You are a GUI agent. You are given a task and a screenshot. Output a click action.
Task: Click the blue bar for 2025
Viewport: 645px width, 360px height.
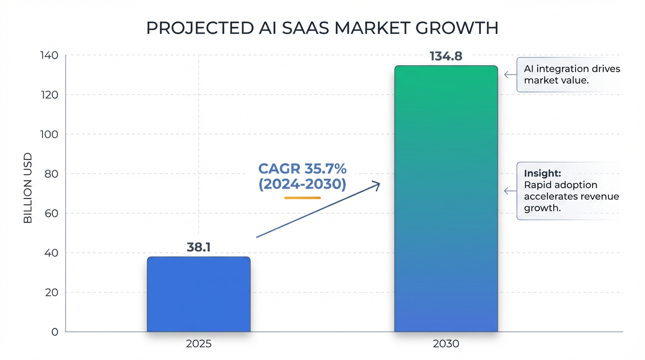tap(198, 294)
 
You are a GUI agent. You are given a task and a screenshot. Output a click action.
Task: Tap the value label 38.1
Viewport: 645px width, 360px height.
tap(198, 247)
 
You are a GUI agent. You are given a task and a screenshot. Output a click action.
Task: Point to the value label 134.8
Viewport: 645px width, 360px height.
tap(446, 56)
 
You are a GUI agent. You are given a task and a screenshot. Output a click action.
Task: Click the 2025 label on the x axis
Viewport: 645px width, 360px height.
tap(198, 344)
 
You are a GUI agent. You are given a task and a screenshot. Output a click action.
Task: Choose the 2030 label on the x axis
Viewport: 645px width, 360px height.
tap(446, 344)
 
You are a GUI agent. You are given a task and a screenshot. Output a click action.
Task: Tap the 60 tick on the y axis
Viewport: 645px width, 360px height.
tap(50, 213)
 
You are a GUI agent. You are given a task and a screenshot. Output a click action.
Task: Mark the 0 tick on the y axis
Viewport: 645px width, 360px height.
tap(54, 332)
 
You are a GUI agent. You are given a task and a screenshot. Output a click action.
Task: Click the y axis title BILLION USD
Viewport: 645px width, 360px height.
tap(28, 187)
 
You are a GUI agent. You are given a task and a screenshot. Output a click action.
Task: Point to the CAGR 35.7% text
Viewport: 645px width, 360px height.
tap(302, 168)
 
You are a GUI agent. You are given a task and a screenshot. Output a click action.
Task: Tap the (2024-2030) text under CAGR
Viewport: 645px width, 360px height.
tap(302, 184)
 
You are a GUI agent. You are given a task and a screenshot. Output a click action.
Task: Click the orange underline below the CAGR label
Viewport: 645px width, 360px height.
tap(302, 198)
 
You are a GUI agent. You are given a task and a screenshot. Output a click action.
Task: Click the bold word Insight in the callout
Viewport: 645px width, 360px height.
tap(540, 173)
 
